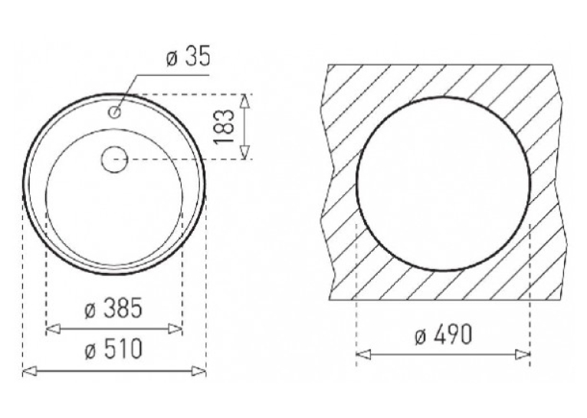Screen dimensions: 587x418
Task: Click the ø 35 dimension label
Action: pos(189,57)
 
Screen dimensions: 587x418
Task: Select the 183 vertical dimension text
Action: pos(224,127)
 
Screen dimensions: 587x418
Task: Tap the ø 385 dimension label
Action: pos(113,308)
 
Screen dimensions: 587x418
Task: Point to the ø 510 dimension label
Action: pos(113,348)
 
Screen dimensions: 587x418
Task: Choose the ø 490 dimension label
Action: pos(444,334)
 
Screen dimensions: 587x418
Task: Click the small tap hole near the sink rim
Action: pos(115,111)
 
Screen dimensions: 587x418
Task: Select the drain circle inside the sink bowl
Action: pos(114,160)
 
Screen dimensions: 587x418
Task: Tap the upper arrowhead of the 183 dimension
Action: pos(244,102)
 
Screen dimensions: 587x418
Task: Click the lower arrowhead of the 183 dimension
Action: pos(244,152)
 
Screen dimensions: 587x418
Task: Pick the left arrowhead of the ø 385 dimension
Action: pos(53,329)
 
